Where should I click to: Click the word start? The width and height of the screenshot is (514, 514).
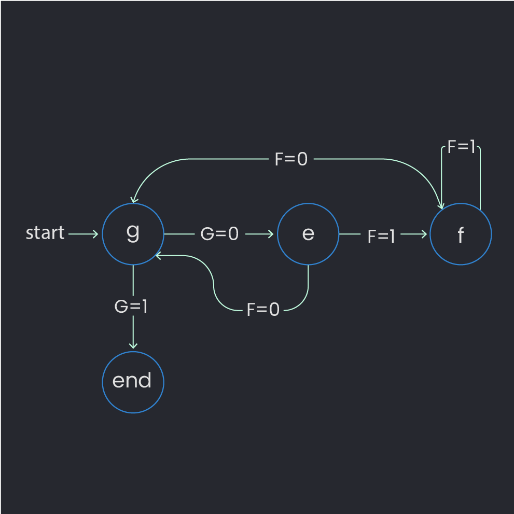pos(45,233)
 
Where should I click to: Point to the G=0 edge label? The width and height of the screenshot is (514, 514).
pos(219,234)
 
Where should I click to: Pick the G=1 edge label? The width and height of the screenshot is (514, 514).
pos(131,307)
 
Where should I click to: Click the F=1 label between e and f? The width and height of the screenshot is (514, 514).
pos(381,237)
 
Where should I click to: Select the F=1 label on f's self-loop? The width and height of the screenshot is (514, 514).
pos(461,147)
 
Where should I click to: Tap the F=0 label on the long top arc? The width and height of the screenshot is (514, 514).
pos(291,159)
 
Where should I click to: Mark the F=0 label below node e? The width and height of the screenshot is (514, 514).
pos(263,310)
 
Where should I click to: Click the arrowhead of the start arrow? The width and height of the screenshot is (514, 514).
pos(96,234)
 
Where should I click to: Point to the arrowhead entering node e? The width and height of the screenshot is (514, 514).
pos(271,234)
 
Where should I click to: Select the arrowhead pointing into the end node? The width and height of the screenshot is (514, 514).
pos(133,346)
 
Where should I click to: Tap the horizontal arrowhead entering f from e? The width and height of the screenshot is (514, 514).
pos(424,234)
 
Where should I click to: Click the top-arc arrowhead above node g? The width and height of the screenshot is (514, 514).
pos(134,200)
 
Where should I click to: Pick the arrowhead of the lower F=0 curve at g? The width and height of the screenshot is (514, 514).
pos(158,256)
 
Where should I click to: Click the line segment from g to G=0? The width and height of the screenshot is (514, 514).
pos(179,234)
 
